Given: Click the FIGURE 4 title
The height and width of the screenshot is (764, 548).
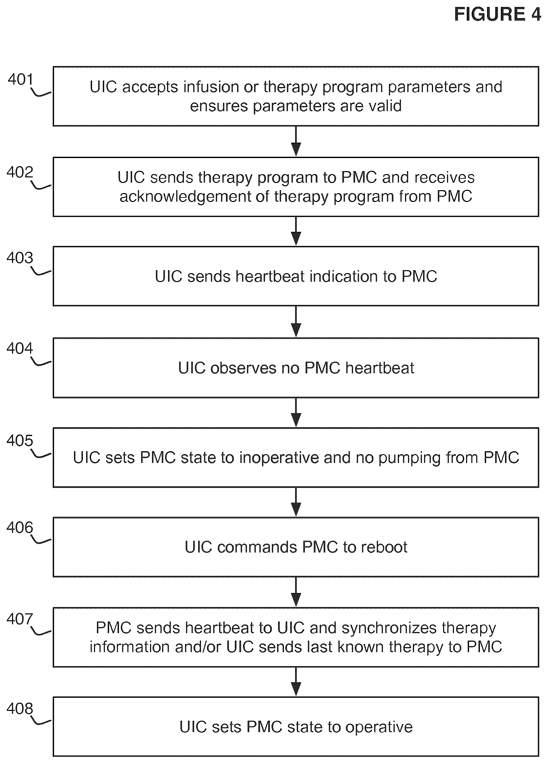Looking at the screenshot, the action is (x=498, y=14).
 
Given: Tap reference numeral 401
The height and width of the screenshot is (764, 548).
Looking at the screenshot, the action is (x=21, y=79).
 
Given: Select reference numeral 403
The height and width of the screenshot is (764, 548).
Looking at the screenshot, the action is (x=20, y=258).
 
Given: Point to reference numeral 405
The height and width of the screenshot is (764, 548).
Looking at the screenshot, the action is (x=20, y=441).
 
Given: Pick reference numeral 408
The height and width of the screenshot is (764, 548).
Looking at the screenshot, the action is (x=20, y=708).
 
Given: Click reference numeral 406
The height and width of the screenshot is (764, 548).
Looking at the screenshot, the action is (x=20, y=528).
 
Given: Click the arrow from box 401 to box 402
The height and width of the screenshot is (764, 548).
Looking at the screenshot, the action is (x=296, y=141).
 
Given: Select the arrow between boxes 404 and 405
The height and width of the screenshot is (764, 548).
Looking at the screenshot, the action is (x=296, y=412).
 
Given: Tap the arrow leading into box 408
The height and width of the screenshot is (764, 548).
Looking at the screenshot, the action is (x=296, y=682).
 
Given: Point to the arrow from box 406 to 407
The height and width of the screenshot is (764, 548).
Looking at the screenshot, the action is (x=296, y=592).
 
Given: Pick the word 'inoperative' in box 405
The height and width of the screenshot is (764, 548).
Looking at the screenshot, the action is (x=279, y=457).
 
